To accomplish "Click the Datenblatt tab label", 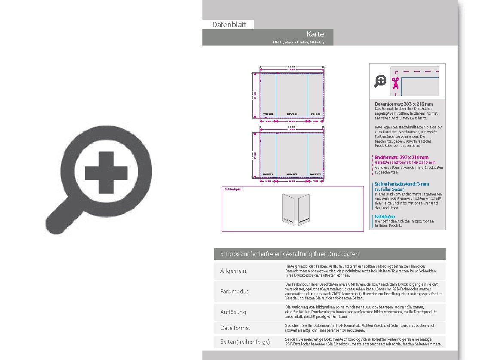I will tap(229, 25).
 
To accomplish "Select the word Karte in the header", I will tap(315, 34).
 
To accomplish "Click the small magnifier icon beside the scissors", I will tap(380, 81).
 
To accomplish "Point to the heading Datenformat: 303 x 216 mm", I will tap(404, 104).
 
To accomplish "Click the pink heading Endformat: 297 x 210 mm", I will tap(401, 157).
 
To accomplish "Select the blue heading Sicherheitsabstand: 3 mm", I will tap(401, 184).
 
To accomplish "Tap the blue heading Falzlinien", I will tap(385, 217).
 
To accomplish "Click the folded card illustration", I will tap(292, 209).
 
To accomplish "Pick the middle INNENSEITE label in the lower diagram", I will tap(292, 174).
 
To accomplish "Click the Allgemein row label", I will tap(233, 271).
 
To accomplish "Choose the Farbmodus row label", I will tap(234, 291).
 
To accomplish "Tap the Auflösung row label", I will tap(233, 312).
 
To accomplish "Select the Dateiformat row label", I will tap(235, 328).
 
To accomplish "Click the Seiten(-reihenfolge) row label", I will tap(245, 342).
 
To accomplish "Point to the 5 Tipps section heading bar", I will tap(330, 254).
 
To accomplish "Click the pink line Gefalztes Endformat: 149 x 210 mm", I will tap(405, 162).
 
